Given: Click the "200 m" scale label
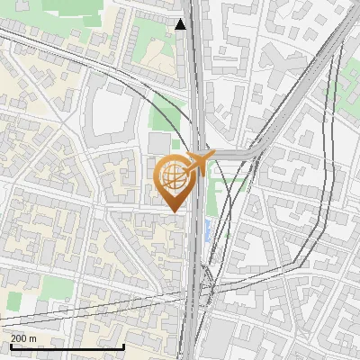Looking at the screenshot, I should click(x=24, y=337).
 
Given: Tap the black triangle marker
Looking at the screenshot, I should click(x=181, y=24).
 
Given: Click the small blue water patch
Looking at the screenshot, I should click(x=211, y=229).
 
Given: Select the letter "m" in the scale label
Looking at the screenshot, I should click(x=33, y=337).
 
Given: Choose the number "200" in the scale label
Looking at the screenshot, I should click(x=20, y=337).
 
